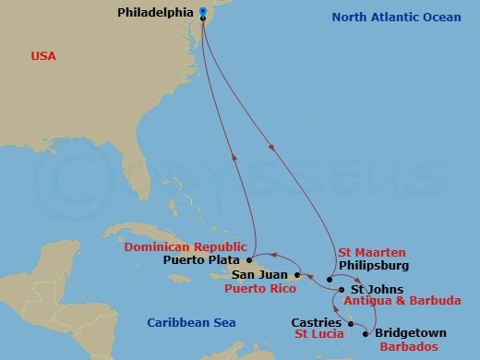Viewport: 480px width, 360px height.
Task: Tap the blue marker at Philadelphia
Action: pyautogui.click(x=202, y=13)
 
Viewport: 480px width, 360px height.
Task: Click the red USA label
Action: pyautogui.click(x=43, y=56)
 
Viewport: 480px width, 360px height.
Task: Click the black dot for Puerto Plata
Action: pyautogui.click(x=249, y=260)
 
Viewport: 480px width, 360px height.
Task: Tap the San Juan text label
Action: pyautogui.click(x=261, y=275)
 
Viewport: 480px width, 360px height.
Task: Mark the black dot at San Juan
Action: pyautogui.click(x=296, y=275)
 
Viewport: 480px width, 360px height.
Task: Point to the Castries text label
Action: pyautogui.click(x=317, y=323)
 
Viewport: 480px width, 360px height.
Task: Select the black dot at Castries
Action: pyautogui.click(x=351, y=324)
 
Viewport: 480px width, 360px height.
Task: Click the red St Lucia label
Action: pyautogui.click(x=319, y=334)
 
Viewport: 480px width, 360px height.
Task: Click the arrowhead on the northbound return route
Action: pyautogui.click(x=234, y=158)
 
